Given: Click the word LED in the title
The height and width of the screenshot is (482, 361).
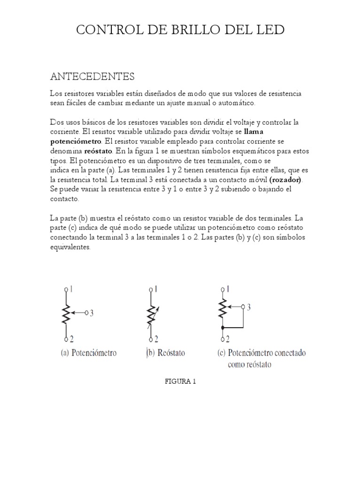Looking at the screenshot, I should [x=270, y=31].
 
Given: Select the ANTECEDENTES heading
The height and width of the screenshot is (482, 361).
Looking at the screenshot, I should [x=92, y=76].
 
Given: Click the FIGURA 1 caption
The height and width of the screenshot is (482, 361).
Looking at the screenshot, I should [x=180, y=382].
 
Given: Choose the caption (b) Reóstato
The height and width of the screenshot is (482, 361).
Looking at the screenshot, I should [x=165, y=353].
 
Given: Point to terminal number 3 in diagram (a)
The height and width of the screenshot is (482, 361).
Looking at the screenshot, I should [x=92, y=312].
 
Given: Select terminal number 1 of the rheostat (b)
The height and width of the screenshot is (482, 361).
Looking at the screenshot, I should [x=155, y=289].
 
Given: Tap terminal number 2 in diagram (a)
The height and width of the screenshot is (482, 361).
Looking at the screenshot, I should [x=71, y=338].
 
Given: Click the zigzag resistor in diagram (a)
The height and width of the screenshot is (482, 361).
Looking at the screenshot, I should [x=67, y=313].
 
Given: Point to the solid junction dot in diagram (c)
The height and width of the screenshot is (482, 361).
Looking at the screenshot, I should [x=222, y=327].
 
